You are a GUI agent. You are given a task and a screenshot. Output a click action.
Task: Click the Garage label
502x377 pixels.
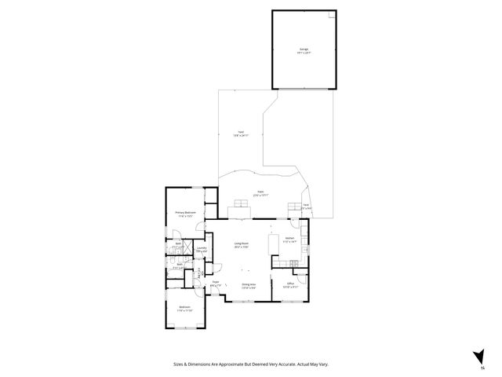(x=303, y=49)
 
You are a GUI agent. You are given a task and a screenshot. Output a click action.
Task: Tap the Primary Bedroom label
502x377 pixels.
(x=184, y=212)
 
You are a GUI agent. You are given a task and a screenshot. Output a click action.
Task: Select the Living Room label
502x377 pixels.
(x=241, y=243)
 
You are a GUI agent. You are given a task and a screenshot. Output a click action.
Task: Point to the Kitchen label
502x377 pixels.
(x=289, y=238)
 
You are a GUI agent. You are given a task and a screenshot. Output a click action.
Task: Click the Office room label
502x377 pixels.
(x=289, y=284)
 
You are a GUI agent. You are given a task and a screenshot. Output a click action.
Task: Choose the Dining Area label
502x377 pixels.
(x=249, y=284)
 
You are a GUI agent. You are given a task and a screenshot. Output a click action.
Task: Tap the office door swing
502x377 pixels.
(x=276, y=276)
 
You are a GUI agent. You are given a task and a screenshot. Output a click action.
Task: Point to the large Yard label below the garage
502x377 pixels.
(x=242, y=132)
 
